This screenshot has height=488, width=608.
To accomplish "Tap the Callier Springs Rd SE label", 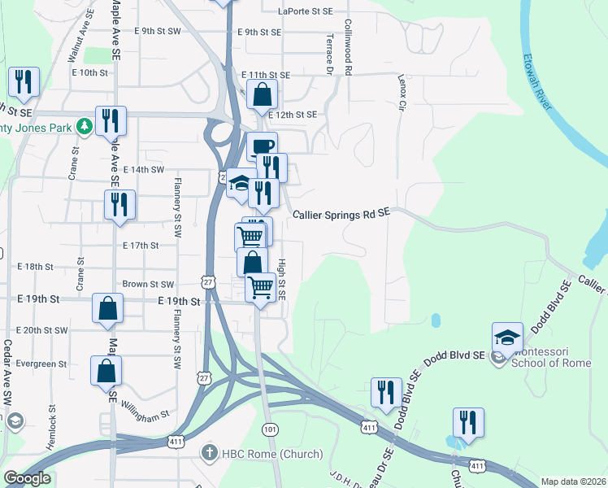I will pyautogui.click(x=342, y=212).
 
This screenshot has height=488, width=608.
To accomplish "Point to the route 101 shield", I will pyautogui.click(x=269, y=428).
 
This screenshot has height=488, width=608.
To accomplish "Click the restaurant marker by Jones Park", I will pyautogui.click(x=109, y=120).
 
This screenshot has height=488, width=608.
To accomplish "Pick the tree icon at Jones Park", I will pyautogui.click(x=83, y=126).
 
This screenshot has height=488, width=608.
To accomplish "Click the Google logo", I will pyautogui.click(x=28, y=478).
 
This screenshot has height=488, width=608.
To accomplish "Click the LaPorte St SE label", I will pyautogui.click(x=305, y=11).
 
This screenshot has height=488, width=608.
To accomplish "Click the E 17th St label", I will pyautogui.click(x=141, y=245).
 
